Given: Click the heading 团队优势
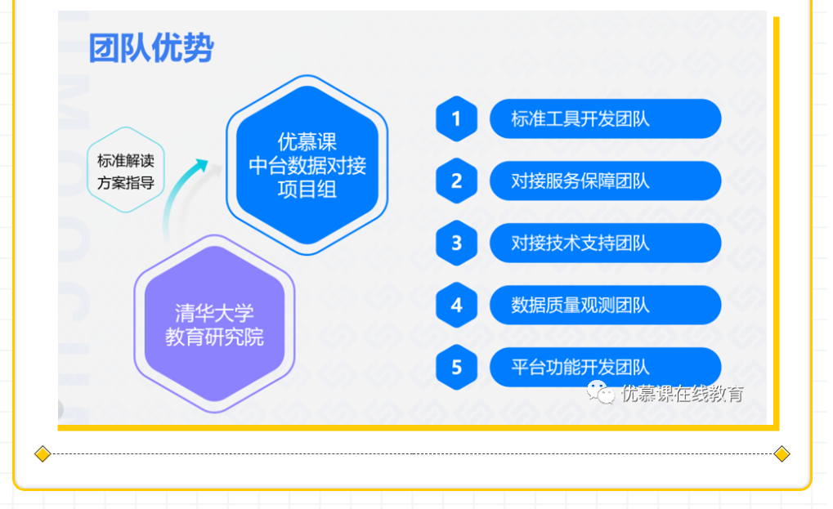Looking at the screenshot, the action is tap(151, 47).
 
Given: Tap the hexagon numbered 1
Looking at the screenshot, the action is tap(456, 119).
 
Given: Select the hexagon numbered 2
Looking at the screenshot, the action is tap(456, 181).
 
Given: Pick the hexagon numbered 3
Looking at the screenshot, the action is tap(456, 243).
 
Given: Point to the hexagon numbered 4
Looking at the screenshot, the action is tap(456, 306).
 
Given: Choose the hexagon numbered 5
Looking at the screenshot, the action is tap(456, 368).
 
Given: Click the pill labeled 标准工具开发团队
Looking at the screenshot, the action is tap(605, 119).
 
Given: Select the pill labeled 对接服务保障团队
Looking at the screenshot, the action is tap(605, 181).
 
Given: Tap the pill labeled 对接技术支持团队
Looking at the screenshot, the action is tap(605, 243).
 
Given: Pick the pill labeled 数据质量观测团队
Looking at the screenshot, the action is tap(605, 306).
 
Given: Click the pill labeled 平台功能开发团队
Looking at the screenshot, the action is tap(605, 368).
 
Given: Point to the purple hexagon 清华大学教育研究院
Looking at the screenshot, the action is tap(214, 324).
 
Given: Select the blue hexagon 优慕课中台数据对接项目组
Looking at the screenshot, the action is tap(307, 165).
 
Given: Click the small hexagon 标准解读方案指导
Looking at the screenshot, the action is tap(125, 170).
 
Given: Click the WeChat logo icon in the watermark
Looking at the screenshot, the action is tap(600, 393).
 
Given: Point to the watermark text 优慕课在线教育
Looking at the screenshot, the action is tap(682, 394).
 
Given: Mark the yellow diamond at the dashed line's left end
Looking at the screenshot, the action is tap(43, 453).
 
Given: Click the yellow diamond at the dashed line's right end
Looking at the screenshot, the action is tap(781, 453).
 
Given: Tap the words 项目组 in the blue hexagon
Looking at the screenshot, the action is tap(307, 190).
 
